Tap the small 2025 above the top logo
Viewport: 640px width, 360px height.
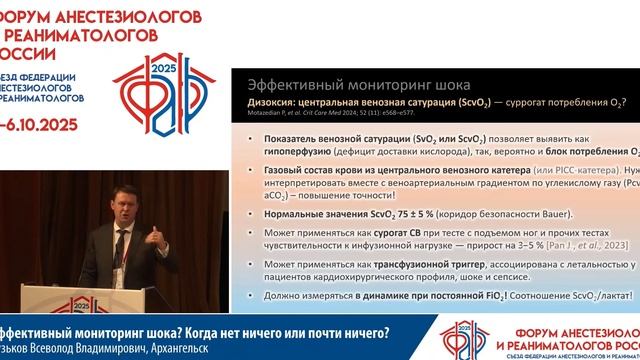pyautogui.click(x=158, y=69)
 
